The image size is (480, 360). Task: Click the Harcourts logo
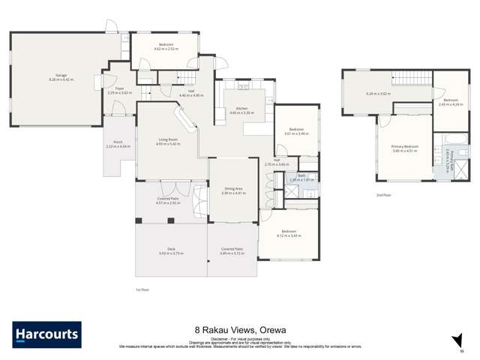click(x=46, y=334)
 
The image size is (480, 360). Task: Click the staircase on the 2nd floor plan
click(x=410, y=79)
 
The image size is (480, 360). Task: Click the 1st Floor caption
click(x=142, y=289)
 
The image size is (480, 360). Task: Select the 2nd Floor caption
click(x=384, y=194)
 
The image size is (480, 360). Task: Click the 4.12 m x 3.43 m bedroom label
click(x=289, y=232)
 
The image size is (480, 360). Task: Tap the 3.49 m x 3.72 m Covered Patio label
click(x=232, y=251)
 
